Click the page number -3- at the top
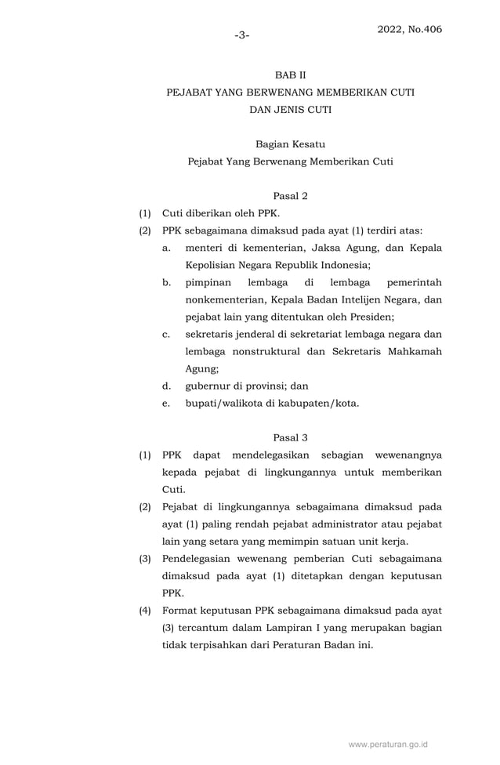(241, 35)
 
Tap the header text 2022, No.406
(409, 29)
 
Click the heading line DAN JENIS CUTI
(290, 110)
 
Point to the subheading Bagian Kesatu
(290, 144)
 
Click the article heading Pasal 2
(290, 195)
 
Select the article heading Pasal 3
(290, 437)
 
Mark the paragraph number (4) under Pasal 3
(145, 610)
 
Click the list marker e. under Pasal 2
(166, 403)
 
